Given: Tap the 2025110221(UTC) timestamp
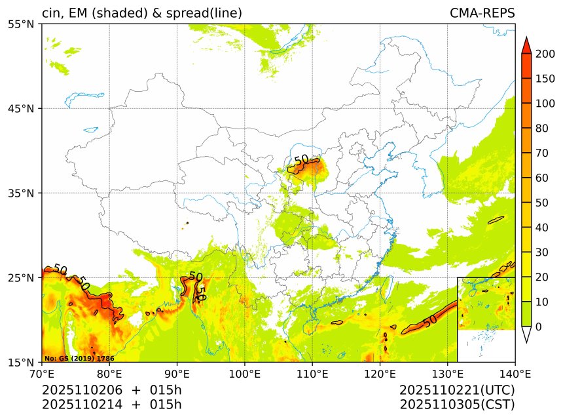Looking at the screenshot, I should tap(457, 390).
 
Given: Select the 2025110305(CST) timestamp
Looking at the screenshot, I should tap(457, 405).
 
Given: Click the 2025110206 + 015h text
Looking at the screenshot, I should tap(111, 390).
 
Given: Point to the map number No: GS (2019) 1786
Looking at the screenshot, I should tap(79, 359).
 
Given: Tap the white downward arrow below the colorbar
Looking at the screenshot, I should tap(526, 334).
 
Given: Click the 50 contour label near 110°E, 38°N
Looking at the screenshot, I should tap(302, 160).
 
